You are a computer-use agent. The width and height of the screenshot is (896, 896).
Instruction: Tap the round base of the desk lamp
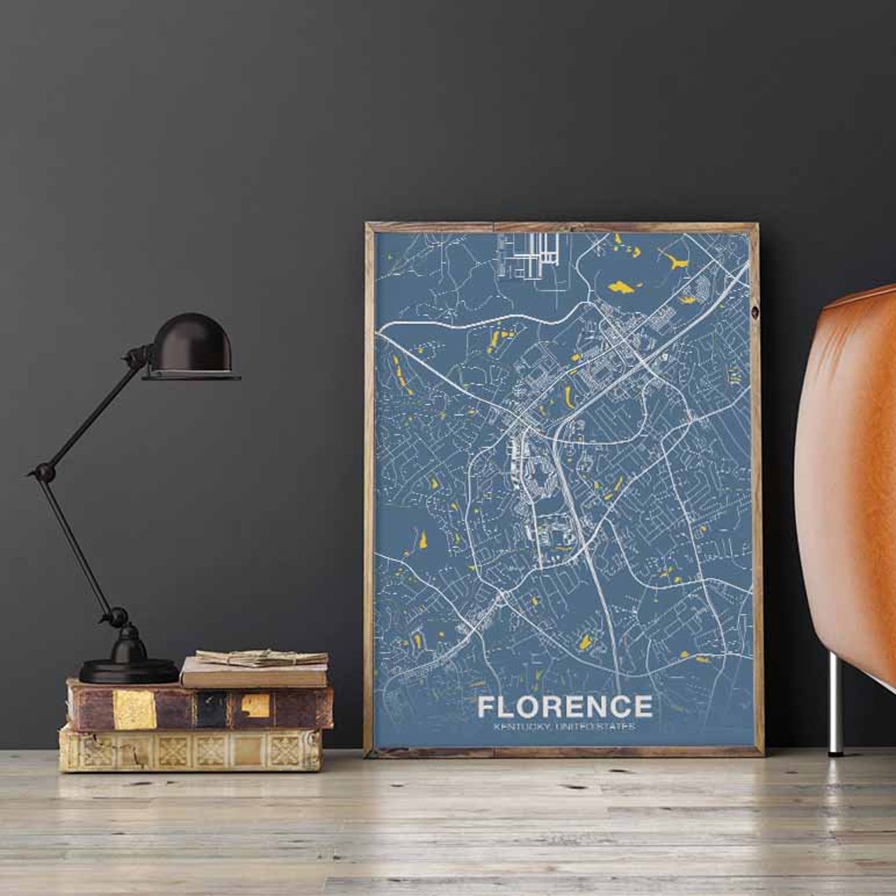point(129,670)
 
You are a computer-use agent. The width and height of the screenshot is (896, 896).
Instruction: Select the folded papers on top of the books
point(262,656)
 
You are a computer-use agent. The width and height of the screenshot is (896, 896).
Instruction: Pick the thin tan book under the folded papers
point(254,674)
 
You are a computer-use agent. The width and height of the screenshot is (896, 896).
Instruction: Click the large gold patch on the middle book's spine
point(134,709)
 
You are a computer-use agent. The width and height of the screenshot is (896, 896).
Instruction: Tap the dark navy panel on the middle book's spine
point(211,709)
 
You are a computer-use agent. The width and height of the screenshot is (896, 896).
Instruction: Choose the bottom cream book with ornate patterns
point(189,751)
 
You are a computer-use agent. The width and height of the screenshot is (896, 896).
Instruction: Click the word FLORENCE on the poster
point(564,706)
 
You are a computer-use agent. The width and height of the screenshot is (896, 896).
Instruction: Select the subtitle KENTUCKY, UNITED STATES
point(564,727)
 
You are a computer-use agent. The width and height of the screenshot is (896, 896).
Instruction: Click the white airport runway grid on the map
point(528,255)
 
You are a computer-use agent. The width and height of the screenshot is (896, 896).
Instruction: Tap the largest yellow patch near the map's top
point(620,288)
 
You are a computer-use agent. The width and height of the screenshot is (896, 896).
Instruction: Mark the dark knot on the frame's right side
point(755,313)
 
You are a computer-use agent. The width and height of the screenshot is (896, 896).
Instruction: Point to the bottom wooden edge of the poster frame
point(564,752)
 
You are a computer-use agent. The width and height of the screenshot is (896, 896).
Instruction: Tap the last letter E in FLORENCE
point(643,706)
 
